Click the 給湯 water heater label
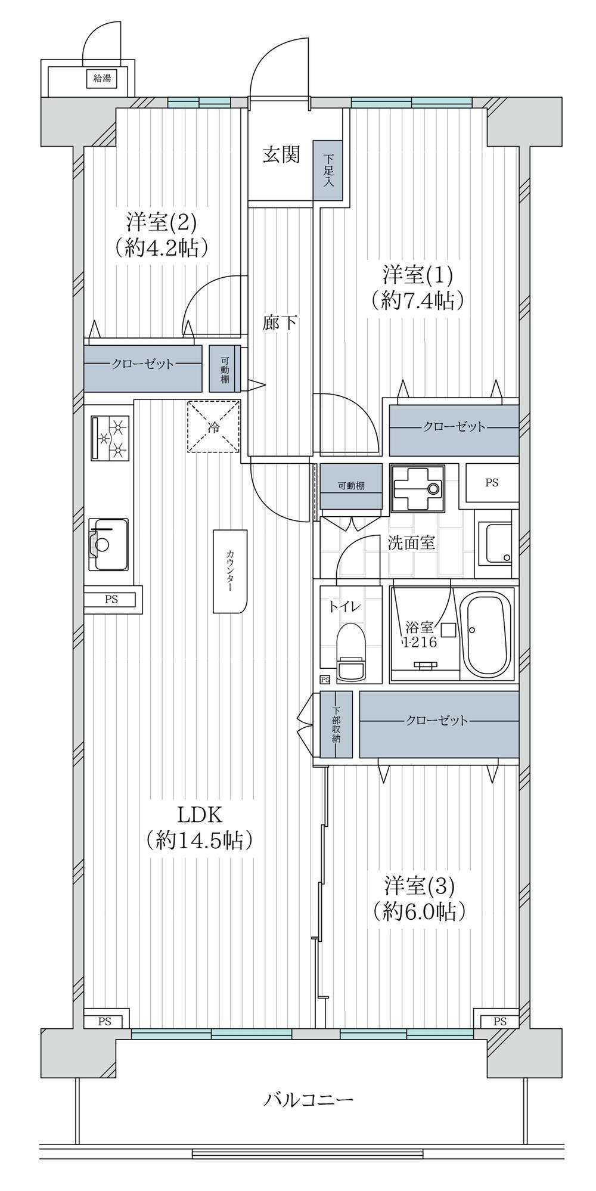pos(102,78)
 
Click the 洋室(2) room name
pos(161,222)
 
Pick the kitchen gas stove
pos(110,438)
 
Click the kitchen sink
pos(108,544)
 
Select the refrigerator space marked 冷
pos(213,426)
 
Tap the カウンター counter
pos(229,570)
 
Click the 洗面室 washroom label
pos(411,543)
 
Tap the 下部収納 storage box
pos(336,724)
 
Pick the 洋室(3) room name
pos(419,886)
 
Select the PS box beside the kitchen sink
pos(113,600)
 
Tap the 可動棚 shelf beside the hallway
pos(225,369)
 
